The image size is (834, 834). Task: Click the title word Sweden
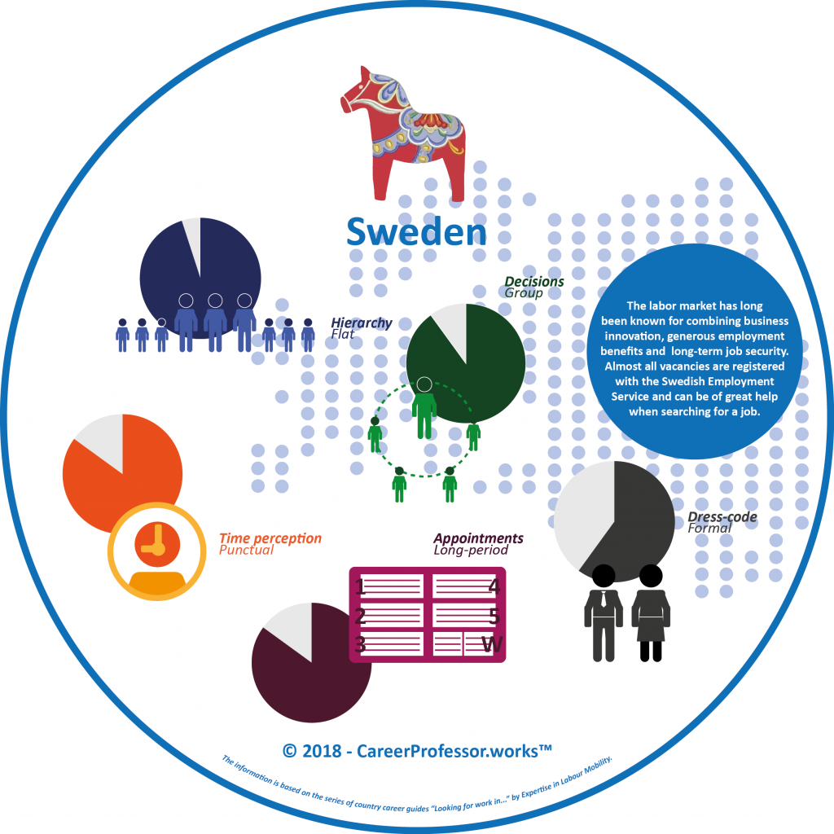tap(416, 231)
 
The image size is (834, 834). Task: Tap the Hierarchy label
tap(361, 323)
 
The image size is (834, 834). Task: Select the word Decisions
tap(534, 282)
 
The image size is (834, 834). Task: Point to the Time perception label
tap(270, 538)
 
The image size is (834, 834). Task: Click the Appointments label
tap(478, 538)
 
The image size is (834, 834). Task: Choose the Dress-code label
tap(722, 516)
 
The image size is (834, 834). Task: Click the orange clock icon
tap(156, 541)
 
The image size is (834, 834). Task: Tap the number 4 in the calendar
tap(494, 586)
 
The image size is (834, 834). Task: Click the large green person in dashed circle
tap(424, 407)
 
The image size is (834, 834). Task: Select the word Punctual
tap(246, 551)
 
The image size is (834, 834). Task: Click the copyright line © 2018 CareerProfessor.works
tap(417, 750)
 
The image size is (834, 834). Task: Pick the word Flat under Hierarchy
tap(345, 334)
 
